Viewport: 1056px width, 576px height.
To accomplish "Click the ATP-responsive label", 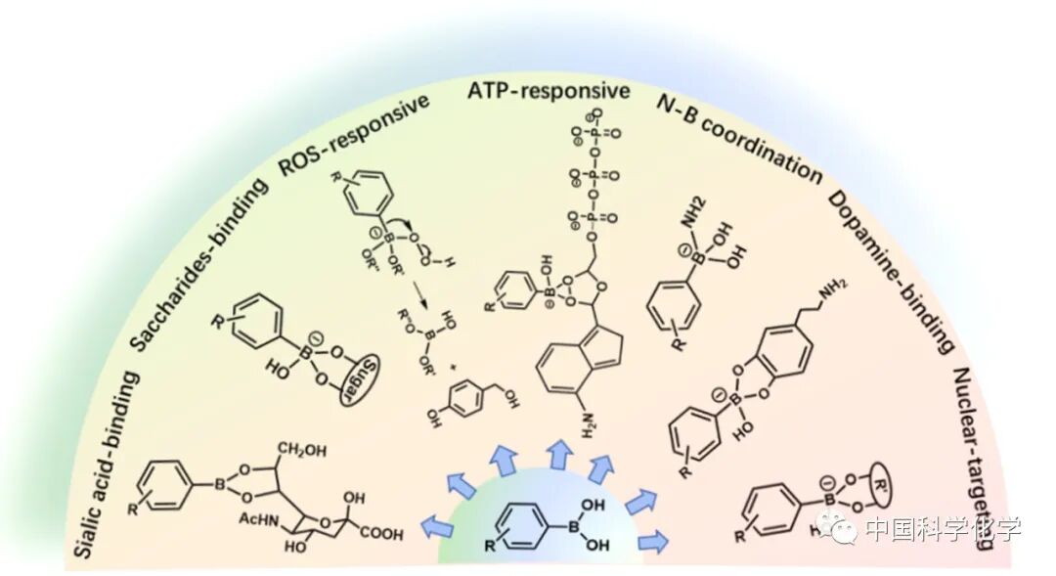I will point(548,91).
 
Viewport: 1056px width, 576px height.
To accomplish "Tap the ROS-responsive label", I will point(354,134).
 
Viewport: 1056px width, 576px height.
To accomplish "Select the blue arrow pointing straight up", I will point(558,453).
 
